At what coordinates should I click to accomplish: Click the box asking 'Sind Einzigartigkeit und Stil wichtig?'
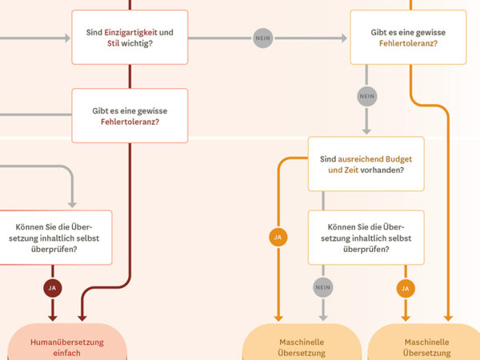click(x=130, y=37)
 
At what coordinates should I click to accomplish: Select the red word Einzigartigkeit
click(x=131, y=32)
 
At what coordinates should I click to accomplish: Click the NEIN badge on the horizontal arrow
click(x=262, y=38)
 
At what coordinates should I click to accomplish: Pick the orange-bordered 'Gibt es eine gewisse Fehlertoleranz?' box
click(x=408, y=37)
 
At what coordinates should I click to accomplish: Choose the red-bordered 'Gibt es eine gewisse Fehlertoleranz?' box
click(x=130, y=115)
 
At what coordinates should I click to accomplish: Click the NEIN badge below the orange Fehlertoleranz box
click(x=367, y=96)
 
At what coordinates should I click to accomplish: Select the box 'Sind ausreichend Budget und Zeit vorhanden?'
click(x=366, y=163)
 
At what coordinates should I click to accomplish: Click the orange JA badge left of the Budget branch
click(x=278, y=238)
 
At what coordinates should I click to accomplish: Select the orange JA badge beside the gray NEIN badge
click(x=406, y=287)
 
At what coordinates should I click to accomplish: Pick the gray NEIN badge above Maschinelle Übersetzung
click(x=322, y=287)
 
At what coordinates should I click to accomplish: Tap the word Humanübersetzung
click(x=67, y=342)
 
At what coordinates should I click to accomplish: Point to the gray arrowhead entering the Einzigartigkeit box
click(x=66, y=38)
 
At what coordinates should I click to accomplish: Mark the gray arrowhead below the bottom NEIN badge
click(x=322, y=314)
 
